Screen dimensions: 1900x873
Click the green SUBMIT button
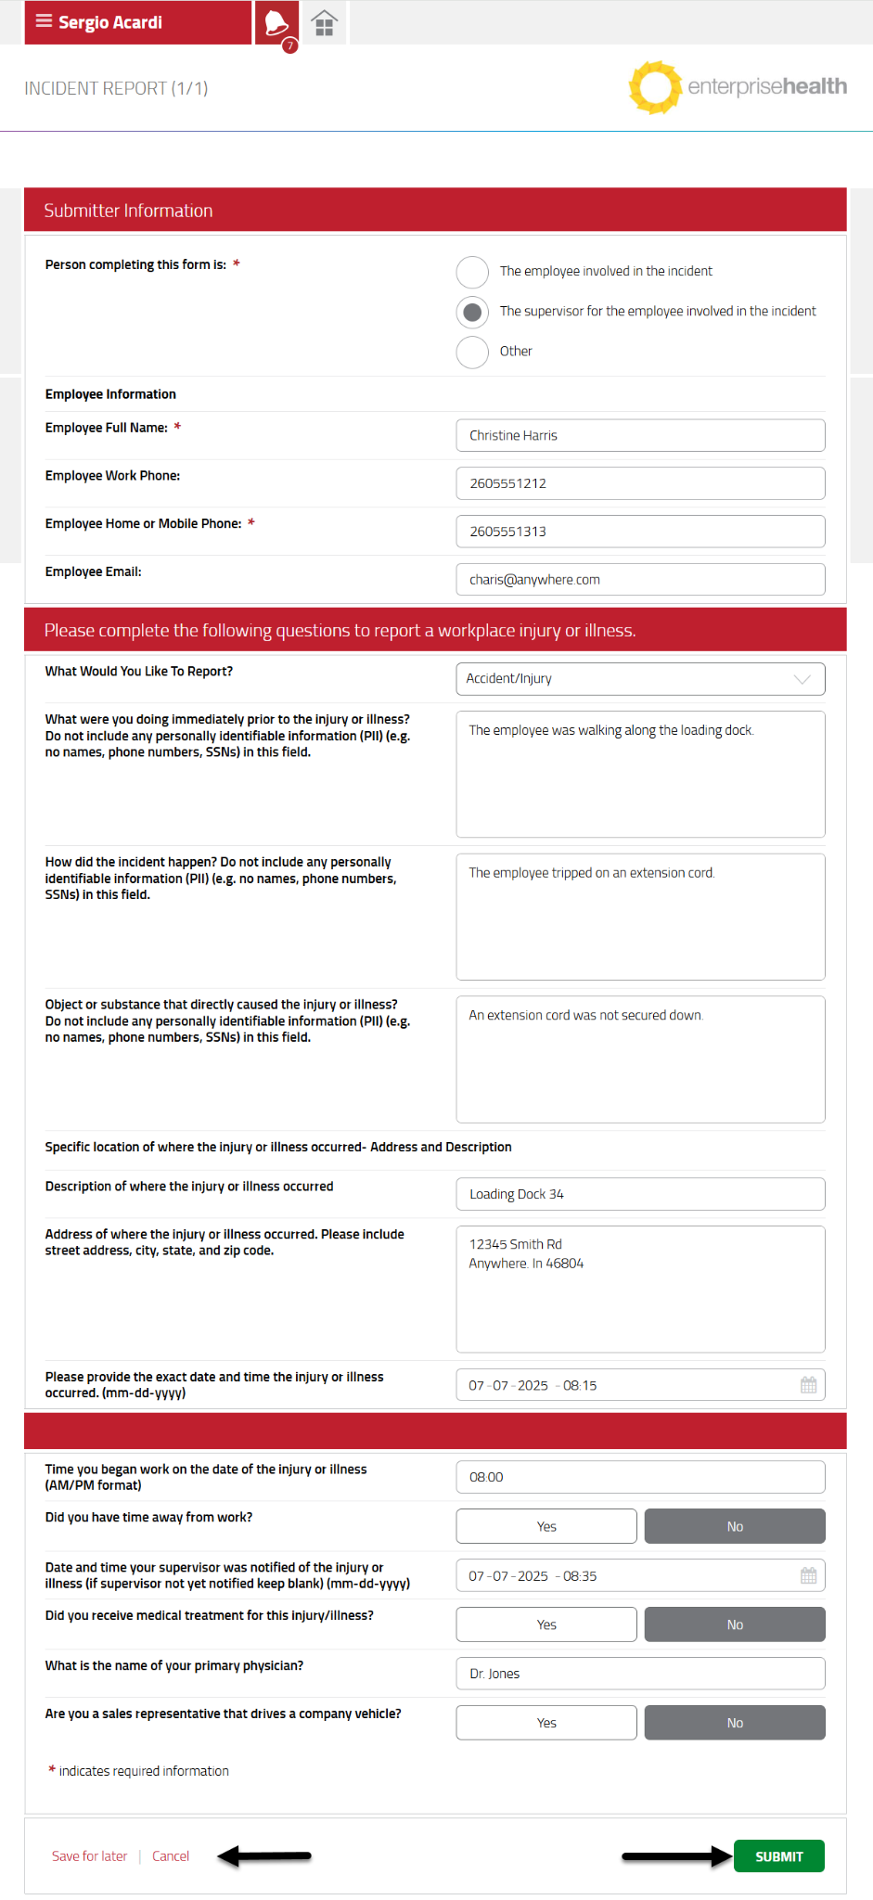(778, 1855)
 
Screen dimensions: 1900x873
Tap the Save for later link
(89, 1855)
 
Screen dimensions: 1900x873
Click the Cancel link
(171, 1855)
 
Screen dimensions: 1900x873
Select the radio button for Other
(472, 352)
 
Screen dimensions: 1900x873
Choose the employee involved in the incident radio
(472, 272)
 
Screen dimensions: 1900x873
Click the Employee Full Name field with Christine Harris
(640, 435)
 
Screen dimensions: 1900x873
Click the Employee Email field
(640, 579)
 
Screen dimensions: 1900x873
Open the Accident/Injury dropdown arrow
(802, 679)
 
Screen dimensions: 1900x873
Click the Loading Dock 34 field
(640, 1194)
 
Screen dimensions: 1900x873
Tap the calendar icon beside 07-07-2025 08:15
(808, 1385)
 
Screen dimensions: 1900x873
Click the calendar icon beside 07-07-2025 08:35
(808, 1575)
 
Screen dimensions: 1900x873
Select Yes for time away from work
(546, 1526)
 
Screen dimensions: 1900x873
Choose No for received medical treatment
(735, 1624)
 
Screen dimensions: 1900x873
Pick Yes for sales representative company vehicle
(546, 1723)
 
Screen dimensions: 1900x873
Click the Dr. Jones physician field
(640, 1674)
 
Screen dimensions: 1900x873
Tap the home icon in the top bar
(324, 23)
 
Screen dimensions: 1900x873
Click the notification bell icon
(276, 22)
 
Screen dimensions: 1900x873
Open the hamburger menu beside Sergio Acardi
(44, 21)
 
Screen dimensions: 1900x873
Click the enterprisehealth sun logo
(655, 87)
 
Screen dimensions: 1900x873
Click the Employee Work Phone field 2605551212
(640, 483)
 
